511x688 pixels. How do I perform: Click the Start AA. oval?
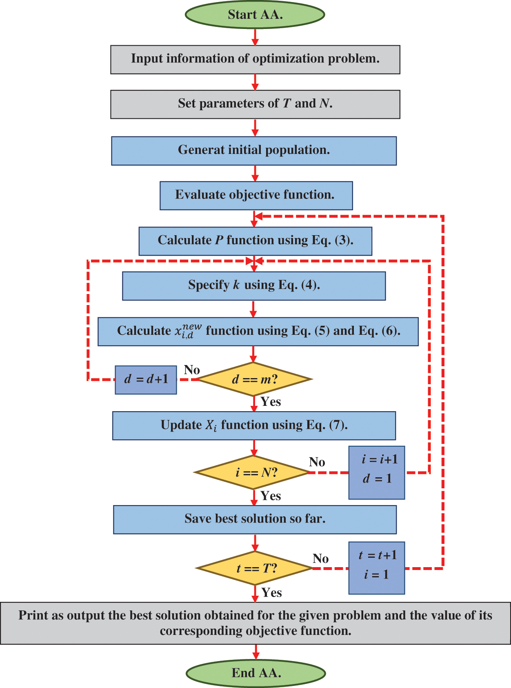[x=255, y=15]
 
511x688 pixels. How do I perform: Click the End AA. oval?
[x=256, y=673]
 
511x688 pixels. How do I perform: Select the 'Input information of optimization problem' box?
[x=255, y=59]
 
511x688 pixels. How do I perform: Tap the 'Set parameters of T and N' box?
[x=255, y=104]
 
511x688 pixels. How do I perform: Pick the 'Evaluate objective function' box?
[x=256, y=196]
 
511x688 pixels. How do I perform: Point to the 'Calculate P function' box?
[x=255, y=241]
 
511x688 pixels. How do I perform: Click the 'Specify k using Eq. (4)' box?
[x=254, y=286]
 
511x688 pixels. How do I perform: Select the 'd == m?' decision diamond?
[x=254, y=379]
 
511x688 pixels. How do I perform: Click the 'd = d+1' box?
[x=146, y=380]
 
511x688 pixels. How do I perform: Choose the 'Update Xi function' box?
[x=254, y=425]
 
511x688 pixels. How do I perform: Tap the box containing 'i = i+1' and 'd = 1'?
[x=376, y=472]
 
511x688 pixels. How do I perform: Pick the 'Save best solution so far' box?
[x=255, y=519]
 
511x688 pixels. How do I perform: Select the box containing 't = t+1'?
[x=376, y=568]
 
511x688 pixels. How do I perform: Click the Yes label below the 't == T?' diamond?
[x=271, y=592]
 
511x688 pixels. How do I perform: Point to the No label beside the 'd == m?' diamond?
[x=192, y=370]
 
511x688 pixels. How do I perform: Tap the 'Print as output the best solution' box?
[x=255, y=623]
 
